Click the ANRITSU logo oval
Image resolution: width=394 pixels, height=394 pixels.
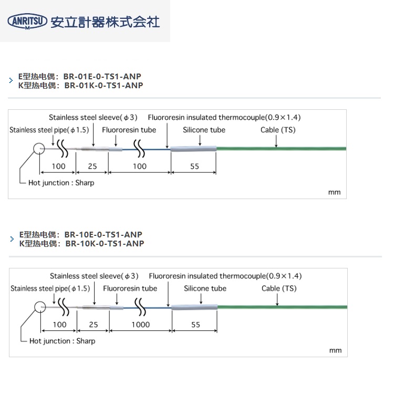27,21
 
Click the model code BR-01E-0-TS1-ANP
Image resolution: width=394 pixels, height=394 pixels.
102,76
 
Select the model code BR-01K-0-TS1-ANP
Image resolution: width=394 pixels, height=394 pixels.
103,85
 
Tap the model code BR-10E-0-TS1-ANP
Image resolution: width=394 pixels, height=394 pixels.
103,234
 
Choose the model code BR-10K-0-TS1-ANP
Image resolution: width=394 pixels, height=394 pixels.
104,243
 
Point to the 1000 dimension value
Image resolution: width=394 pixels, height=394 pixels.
140,325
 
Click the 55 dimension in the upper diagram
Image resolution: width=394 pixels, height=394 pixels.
194,166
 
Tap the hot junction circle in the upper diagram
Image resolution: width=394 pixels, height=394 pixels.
40,149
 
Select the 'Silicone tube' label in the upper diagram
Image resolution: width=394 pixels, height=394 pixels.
204,130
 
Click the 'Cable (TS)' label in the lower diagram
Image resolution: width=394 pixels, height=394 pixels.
279,288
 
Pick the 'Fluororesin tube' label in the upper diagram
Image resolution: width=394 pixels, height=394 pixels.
129,130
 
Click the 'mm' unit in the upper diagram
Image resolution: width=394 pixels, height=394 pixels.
335,192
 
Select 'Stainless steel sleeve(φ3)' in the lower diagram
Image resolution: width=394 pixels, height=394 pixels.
94,276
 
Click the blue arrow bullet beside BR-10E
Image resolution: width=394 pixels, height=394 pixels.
12,239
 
